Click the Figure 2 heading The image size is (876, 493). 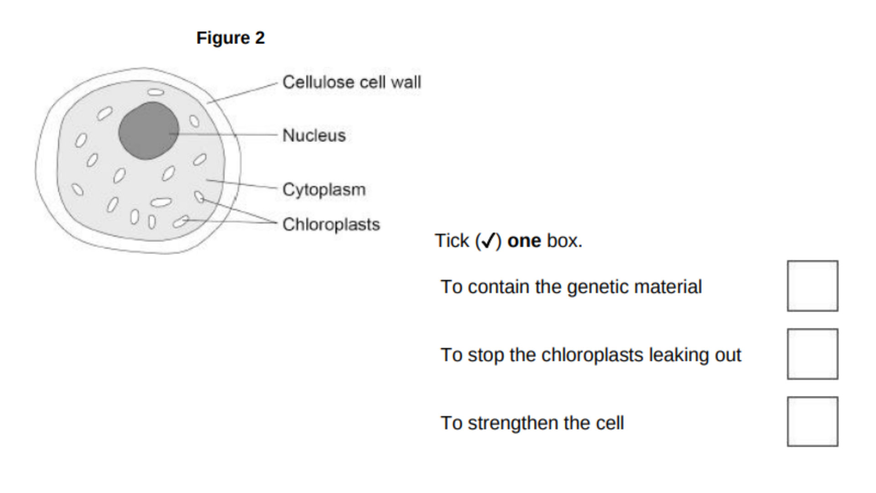coord(230,38)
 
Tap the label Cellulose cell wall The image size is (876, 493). coord(351,82)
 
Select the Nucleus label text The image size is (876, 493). coord(314,136)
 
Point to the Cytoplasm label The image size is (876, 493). coord(324,189)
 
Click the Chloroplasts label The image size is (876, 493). coord(331,225)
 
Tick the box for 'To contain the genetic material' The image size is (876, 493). coord(812,286)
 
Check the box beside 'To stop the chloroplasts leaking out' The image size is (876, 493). coord(812,354)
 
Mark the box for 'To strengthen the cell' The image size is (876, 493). coord(812,422)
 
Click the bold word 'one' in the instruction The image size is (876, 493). coord(524,241)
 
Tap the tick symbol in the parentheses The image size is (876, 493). coord(488,241)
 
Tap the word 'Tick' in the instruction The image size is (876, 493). coord(452,241)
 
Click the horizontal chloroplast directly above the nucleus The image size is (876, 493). coord(156,92)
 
